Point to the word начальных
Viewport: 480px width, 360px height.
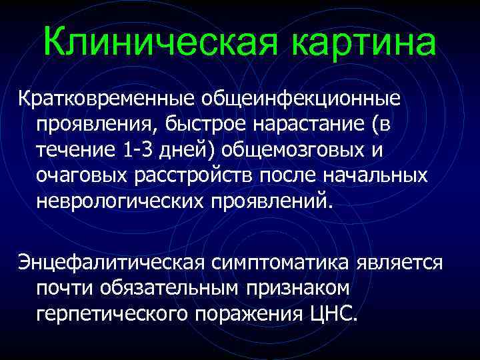[371, 175]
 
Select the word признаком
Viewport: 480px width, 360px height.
[297, 287]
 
